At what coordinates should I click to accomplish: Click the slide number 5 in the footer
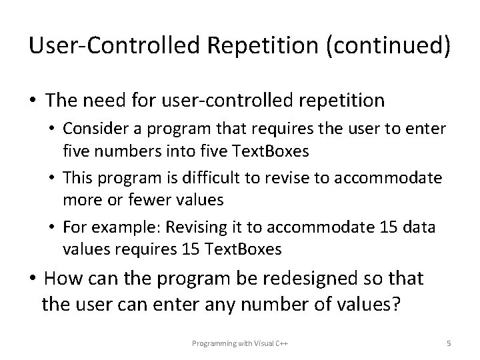(x=449, y=343)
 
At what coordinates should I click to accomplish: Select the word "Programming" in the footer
(x=212, y=343)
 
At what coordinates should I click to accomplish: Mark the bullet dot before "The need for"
(x=33, y=101)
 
